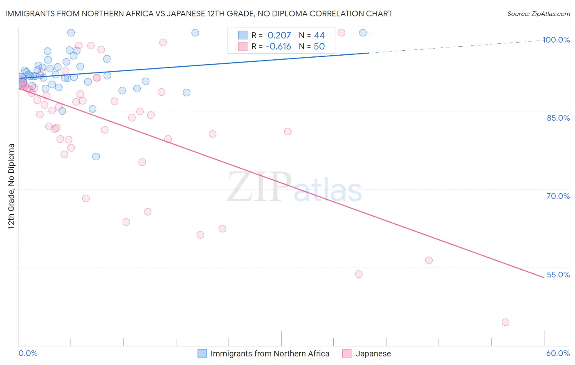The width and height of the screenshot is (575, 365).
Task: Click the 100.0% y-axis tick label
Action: click(x=556, y=40)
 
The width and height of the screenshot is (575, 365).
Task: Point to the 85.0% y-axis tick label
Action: click(x=558, y=118)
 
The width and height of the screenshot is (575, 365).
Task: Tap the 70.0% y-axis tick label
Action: click(x=558, y=196)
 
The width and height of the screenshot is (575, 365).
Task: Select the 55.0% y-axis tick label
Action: click(x=558, y=275)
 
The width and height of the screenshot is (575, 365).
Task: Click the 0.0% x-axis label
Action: click(x=28, y=353)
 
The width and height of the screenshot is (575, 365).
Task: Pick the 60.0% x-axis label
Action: click(x=558, y=353)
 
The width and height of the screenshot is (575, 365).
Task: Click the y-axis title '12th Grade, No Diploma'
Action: click(x=11, y=186)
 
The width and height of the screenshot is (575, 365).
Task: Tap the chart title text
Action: click(x=198, y=14)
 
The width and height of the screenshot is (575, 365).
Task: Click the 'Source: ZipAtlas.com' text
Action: click(x=538, y=14)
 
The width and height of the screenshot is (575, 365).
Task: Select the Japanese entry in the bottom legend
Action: click(x=373, y=354)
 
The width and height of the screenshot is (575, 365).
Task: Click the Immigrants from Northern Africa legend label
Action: click(x=270, y=354)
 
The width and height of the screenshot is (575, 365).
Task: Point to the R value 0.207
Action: click(x=279, y=36)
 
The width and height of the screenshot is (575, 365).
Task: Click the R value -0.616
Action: click(x=278, y=47)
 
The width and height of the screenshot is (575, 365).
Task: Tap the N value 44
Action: click(x=319, y=36)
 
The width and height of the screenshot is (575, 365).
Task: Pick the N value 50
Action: click(x=319, y=47)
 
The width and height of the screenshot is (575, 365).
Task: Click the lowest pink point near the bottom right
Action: click(x=505, y=322)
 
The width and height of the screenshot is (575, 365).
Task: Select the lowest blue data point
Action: click(x=96, y=156)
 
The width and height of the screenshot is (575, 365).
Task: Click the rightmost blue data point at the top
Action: click(x=363, y=33)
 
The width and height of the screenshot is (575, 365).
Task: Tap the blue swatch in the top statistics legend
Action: click(x=243, y=36)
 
